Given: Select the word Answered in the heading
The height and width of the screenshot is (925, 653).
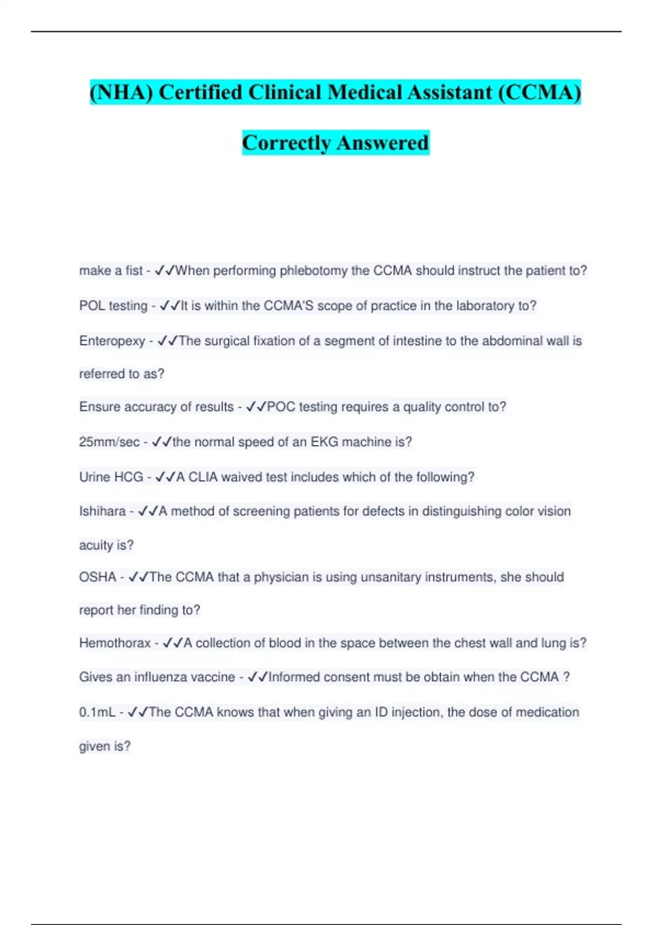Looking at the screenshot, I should [x=382, y=143].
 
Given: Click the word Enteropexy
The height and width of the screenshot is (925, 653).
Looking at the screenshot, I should [x=112, y=341].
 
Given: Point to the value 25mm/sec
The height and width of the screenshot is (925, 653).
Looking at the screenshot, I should [x=109, y=442].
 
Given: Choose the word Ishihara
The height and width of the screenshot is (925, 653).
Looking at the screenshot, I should [x=102, y=511].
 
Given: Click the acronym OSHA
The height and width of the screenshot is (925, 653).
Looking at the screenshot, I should [x=98, y=577].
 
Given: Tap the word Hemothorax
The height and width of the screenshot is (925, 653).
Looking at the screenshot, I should [x=115, y=643].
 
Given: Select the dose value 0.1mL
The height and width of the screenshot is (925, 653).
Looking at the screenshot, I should [x=97, y=712].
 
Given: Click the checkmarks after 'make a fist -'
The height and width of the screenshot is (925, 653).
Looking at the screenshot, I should [x=165, y=270].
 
